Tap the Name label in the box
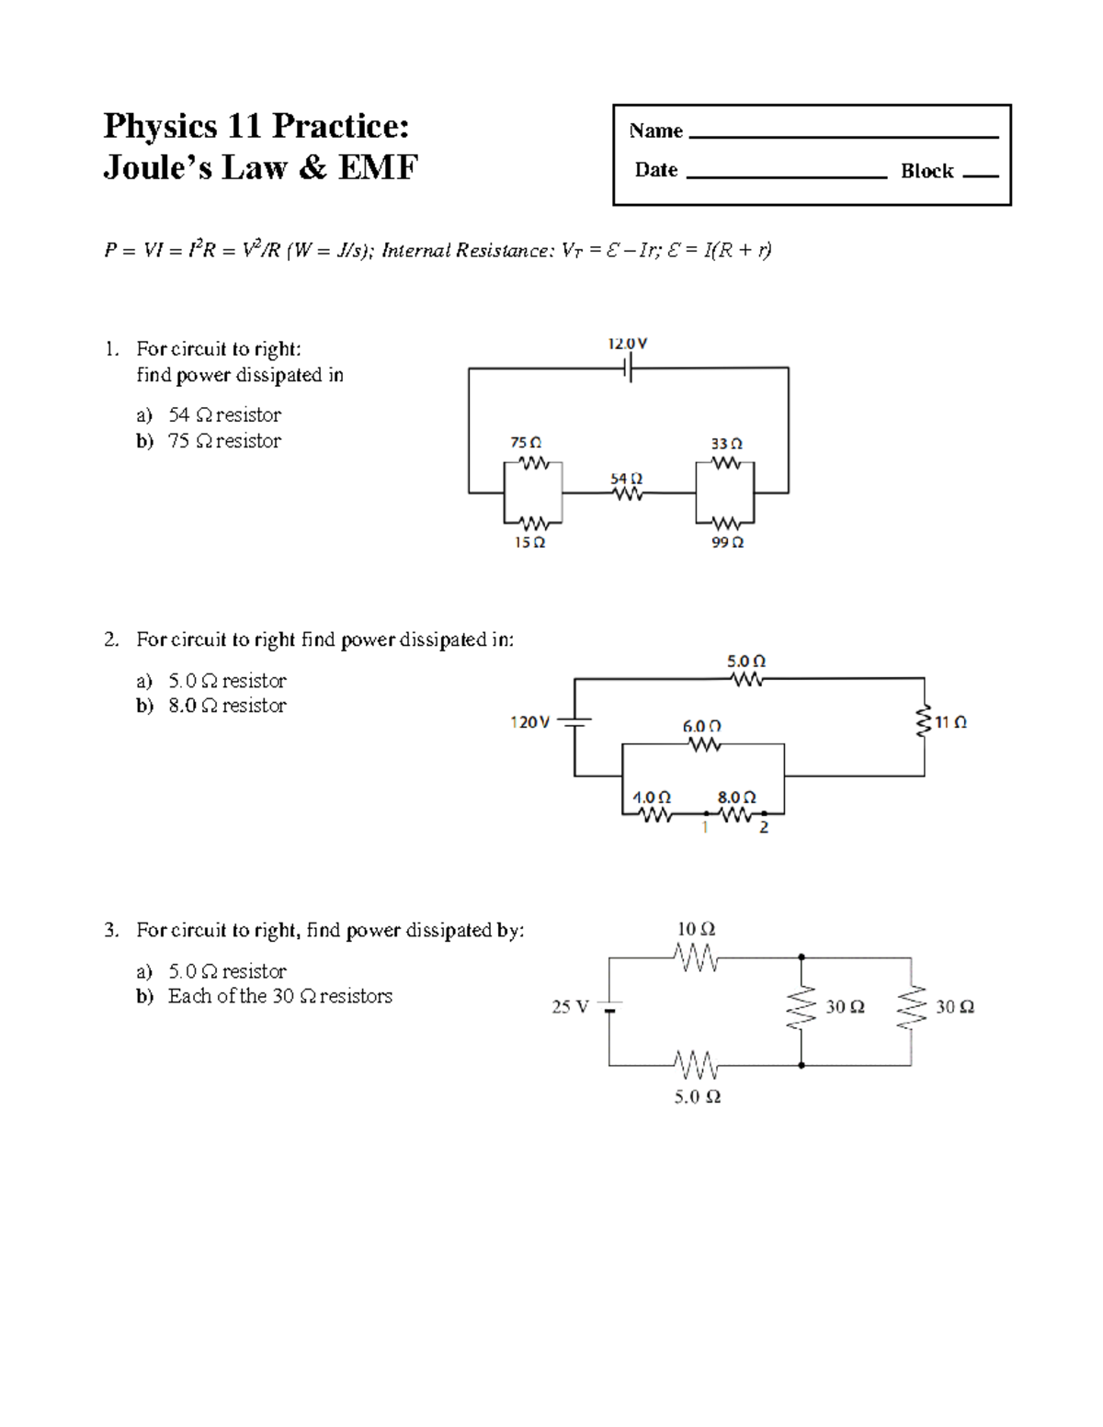click(655, 130)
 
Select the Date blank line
click(786, 176)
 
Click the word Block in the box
click(927, 171)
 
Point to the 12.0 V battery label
click(627, 344)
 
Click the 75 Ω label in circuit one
click(526, 443)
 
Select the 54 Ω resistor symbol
click(628, 494)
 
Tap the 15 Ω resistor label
click(529, 543)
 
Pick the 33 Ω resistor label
click(726, 444)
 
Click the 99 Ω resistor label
click(727, 543)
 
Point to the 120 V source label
click(529, 722)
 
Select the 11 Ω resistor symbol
click(924, 722)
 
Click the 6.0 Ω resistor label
click(701, 726)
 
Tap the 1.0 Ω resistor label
click(652, 798)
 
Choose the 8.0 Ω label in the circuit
click(736, 798)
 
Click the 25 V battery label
click(570, 1007)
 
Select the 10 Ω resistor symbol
click(697, 958)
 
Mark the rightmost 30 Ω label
click(955, 1007)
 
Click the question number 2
click(111, 640)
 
